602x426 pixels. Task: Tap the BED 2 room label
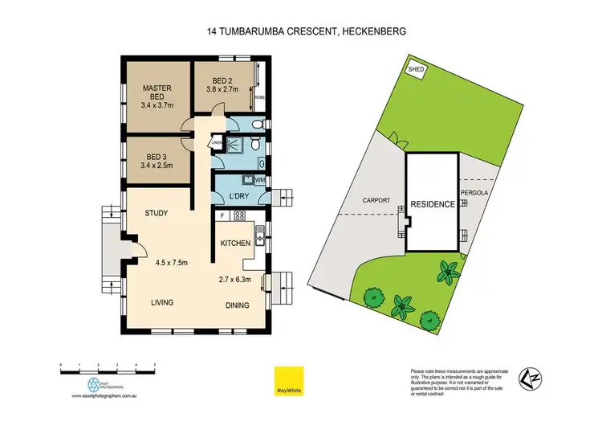pos(223,80)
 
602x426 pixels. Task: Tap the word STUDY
pos(156,214)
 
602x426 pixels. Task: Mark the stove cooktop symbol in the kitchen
pos(238,215)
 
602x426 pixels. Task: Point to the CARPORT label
pos(376,200)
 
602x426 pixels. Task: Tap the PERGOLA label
pos(475,193)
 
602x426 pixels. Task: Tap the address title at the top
pos(301,32)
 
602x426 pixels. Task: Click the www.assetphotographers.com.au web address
pos(106,396)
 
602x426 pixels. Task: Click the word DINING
pos(237,305)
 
